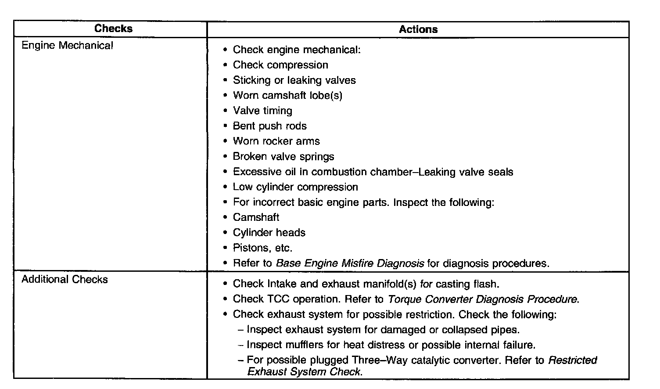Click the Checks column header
(113, 29)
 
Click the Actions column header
(418, 29)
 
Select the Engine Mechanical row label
(67, 46)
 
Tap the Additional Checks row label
(65, 280)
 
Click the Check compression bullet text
(280, 65)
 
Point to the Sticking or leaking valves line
(294, 80)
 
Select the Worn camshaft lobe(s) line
(287, 95)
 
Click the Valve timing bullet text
(262, 111)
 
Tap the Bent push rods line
(269, 126)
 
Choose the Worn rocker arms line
(276, 141)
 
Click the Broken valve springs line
(283, 157)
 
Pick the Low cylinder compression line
(295, 187)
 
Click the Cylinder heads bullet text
(269, 233)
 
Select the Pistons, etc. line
(262, 248)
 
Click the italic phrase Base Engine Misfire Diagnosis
(350, 263)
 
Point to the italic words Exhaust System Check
(305, 372)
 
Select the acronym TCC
(278, 299)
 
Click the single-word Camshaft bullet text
(256, 217)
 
